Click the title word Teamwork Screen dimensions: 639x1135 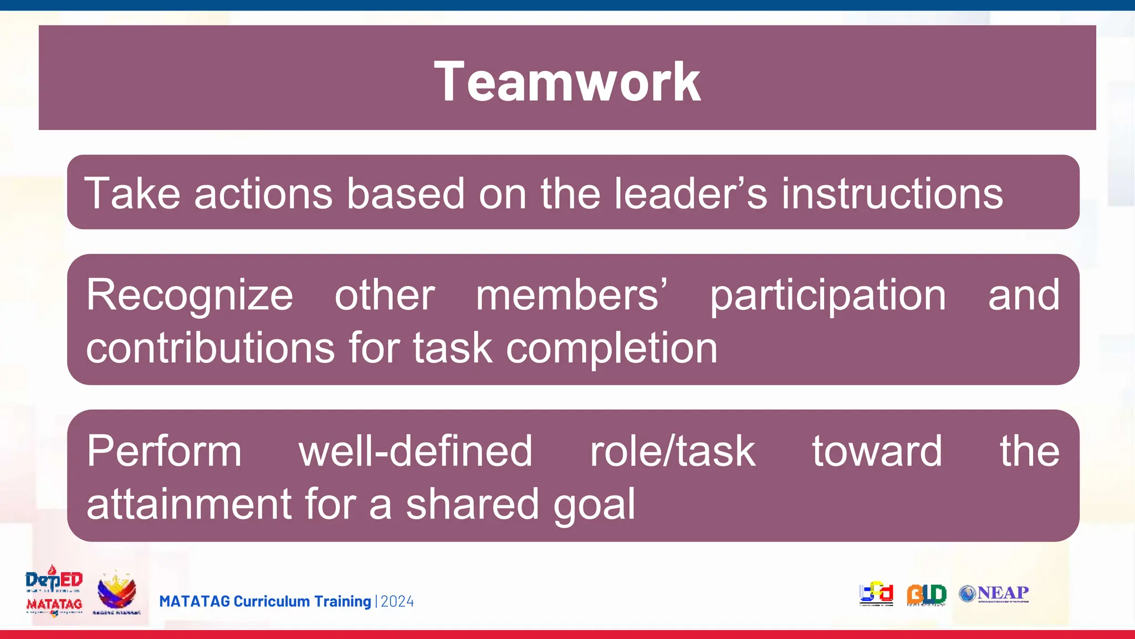point(567,82)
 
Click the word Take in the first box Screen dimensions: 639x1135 point(132,194)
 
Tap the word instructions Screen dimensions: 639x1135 point(892,194)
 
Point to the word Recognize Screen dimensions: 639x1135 point(190,296)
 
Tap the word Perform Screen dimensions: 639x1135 point(164,452)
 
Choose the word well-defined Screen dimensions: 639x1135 point(416,451)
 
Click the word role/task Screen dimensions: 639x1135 point(672,451)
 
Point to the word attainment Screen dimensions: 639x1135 point(188,504)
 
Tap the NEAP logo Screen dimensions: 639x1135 point(994,594)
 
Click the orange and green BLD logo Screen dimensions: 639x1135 point(926,595)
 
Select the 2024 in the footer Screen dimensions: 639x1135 point(397,602)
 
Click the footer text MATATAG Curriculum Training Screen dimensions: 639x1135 point(265,602)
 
